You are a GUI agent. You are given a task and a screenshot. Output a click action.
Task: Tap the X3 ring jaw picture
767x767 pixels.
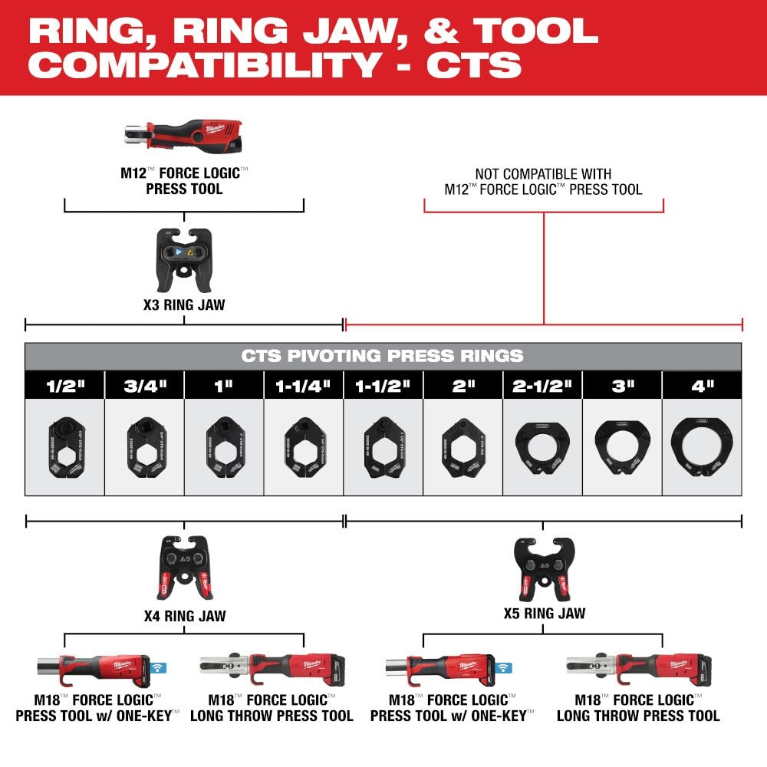(183, 259)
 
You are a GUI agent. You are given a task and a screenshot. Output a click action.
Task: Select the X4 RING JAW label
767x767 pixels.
(184, 615)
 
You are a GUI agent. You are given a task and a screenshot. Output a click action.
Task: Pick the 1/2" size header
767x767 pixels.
(64, 385)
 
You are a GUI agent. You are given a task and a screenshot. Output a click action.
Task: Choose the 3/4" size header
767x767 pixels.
(144, 385)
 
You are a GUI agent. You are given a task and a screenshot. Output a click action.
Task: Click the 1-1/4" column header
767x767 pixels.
(303, 385)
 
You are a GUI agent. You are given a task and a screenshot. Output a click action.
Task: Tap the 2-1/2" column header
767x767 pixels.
(542, 385)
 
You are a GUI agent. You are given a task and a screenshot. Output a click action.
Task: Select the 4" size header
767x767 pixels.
(702, 385)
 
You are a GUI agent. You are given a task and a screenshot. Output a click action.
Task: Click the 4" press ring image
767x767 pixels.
(702, 446)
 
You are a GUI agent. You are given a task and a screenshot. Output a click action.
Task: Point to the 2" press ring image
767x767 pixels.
(463, 446)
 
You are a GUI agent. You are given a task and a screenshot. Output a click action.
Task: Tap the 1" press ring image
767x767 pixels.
(223, 446)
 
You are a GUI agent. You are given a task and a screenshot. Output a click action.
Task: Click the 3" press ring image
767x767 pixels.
(622, 446)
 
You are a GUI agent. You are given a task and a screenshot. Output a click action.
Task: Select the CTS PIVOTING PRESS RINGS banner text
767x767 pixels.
(382, 356)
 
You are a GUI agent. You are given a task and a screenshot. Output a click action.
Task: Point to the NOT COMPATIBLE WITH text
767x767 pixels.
(543, 174)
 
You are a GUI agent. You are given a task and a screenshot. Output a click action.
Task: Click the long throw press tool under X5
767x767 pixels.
(637, 668)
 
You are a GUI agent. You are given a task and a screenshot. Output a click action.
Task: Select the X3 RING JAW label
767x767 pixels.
(184, 304)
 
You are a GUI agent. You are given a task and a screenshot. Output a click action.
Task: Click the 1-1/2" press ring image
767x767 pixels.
(383, 446)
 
